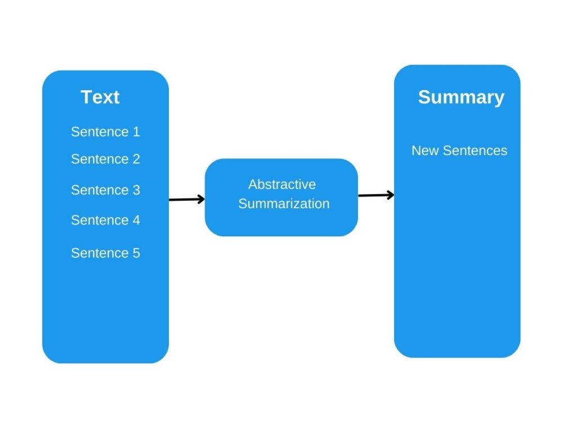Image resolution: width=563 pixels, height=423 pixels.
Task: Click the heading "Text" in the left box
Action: [100, 97]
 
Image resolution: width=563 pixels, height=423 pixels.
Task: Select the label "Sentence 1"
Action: [105, 132]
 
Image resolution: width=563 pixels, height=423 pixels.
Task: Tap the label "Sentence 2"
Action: [105, 159]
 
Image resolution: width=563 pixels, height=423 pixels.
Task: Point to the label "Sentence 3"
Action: [105, 190]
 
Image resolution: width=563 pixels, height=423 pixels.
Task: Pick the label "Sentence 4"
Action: [105, 220]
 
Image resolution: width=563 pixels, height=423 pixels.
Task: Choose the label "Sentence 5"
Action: [105, 253]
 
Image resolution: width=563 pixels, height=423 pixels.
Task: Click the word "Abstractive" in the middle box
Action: [282, 184]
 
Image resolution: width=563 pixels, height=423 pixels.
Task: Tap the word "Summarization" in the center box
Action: [284, 204]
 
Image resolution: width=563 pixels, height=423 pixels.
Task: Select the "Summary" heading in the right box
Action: [461, 97]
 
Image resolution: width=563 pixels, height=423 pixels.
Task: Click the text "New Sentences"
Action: [459, 151]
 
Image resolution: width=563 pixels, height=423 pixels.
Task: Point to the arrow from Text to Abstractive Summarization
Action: [186, 199]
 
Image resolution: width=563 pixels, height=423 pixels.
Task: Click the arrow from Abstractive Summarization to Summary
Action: [375, 195]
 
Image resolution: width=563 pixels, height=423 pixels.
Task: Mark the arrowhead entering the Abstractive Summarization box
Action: [200, 199]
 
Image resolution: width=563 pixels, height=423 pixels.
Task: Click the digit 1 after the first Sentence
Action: [136, 132]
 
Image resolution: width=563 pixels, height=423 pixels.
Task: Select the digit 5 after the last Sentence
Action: [136, 253]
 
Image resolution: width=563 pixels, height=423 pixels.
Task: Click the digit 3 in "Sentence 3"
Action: [136, 190]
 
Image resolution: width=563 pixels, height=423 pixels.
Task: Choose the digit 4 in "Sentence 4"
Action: [136, 220]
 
